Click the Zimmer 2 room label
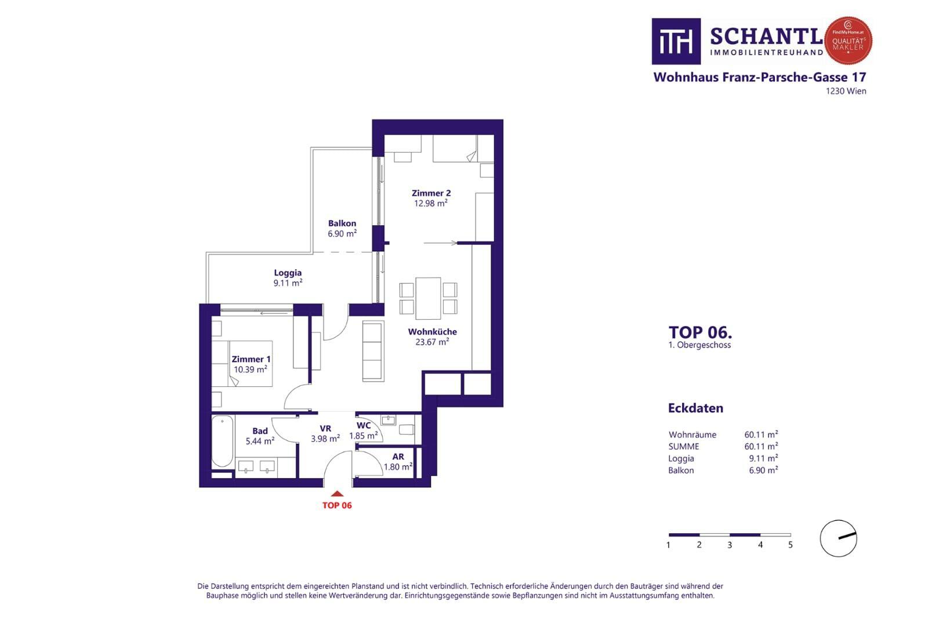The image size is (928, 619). coord(431,193)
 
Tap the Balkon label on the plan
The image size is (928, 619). coord(342,223)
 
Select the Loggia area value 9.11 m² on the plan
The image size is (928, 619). coord(288,283)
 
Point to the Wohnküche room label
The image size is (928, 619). coord(432,332)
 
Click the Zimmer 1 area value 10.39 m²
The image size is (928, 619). coord(251,370)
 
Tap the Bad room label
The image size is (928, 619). coord(260,431)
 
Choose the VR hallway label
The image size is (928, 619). coord(325,428)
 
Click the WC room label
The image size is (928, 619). coord(363,425)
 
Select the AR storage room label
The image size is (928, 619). coord(398,457)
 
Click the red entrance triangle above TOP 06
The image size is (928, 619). coord(337,494)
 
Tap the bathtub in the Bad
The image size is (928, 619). coord(223,441)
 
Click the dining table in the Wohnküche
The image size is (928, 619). coord(428,298)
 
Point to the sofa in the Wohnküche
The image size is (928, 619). coord(373,351)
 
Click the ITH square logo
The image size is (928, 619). coord(676,41)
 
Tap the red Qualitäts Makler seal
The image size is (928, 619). coord(848,41)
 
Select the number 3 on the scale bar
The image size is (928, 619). coord(730,545)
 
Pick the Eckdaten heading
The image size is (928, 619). coord(695,408)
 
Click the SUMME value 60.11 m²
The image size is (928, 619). coord(761,447)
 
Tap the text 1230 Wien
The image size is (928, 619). coord(846,91)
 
